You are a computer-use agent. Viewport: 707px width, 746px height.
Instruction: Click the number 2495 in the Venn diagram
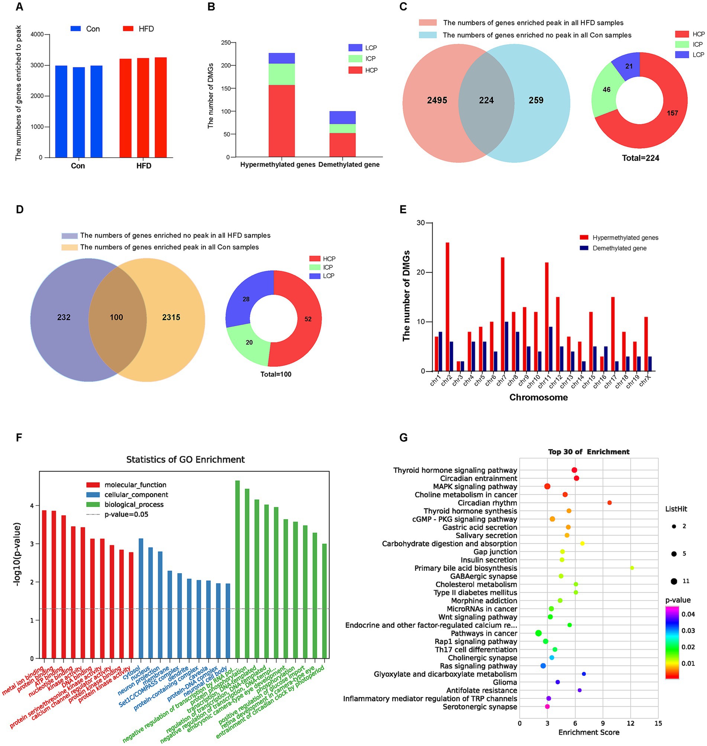[437, 100]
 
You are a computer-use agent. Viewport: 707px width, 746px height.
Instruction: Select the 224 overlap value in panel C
[486, 100]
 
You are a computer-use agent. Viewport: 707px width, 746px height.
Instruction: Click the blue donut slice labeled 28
[246, 299]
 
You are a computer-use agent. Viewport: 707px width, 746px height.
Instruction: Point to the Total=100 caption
[275, 374]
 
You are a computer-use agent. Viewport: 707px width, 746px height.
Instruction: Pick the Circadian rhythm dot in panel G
[609, 503]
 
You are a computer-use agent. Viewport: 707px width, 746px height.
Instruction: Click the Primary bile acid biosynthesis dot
[632, 568]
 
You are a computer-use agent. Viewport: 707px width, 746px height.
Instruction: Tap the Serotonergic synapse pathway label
[480, 707]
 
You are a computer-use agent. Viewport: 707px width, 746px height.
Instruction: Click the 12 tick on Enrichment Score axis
[630, 723]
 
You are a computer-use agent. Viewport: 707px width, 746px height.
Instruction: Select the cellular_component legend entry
[136, 495]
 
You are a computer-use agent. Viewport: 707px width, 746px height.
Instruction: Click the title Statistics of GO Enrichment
[185, 460]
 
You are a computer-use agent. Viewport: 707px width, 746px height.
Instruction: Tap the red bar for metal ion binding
[44, 584]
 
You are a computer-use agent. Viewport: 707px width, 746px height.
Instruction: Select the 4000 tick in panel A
[37, 34]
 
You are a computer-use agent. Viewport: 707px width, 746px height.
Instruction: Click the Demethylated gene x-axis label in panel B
[349, 165]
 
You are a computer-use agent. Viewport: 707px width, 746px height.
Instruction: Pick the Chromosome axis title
[538, 397]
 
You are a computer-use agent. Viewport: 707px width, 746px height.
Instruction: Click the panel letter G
[403, 438]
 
